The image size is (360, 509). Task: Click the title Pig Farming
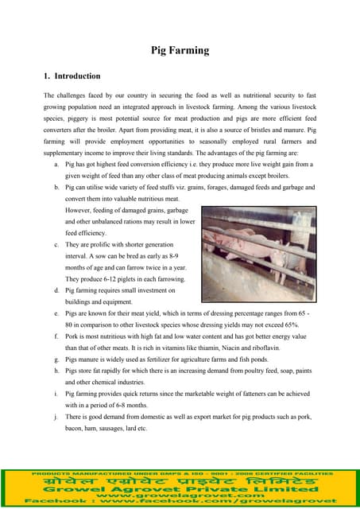(x=180, y=50)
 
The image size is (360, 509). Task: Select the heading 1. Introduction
(x=72, y=76)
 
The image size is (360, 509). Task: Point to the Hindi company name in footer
(x=180, y=482)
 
